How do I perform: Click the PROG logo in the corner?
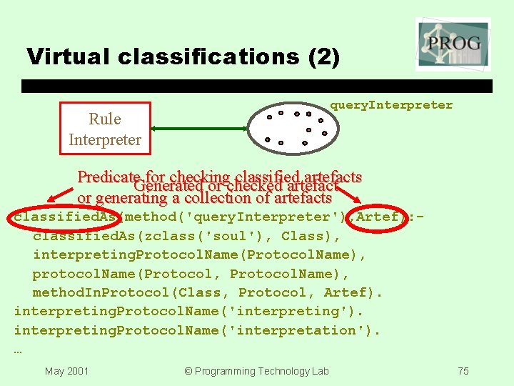click(453, 44)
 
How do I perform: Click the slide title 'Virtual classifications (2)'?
click(183, 56)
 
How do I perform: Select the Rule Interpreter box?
click(105, 129)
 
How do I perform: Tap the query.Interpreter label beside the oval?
click(390, 105)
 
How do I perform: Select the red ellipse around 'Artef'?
click(378, 217)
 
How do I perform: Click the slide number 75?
click(463, 371)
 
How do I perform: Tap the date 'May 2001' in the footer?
click(66, 371)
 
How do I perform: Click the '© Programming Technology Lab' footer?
click(256, 371)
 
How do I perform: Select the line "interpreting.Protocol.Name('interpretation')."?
click(197, 330)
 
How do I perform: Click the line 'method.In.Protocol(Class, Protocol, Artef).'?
click(208, 292)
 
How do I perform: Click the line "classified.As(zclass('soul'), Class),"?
click(186, 236)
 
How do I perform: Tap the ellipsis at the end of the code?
click(19, 350)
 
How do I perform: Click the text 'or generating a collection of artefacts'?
click(204, 198)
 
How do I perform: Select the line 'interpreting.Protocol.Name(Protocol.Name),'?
click(200, 254)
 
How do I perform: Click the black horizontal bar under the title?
click(257, 86)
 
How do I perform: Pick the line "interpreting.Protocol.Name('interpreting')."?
click(188, 312)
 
